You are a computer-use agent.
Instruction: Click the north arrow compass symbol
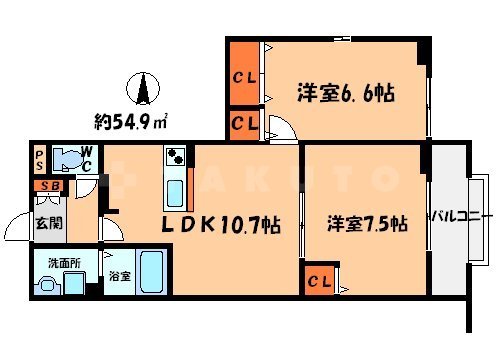[x=144, y=90]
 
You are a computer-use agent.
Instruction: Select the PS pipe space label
[x=38, y=159]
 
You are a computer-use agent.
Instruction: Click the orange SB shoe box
[x=48, y=186]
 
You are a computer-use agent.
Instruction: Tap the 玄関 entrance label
[x=49, y=223]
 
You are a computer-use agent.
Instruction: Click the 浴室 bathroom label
[x=118, y=275]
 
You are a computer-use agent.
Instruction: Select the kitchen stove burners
[x=176, y=157]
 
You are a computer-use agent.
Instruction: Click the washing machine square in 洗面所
[x=74, y=283]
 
